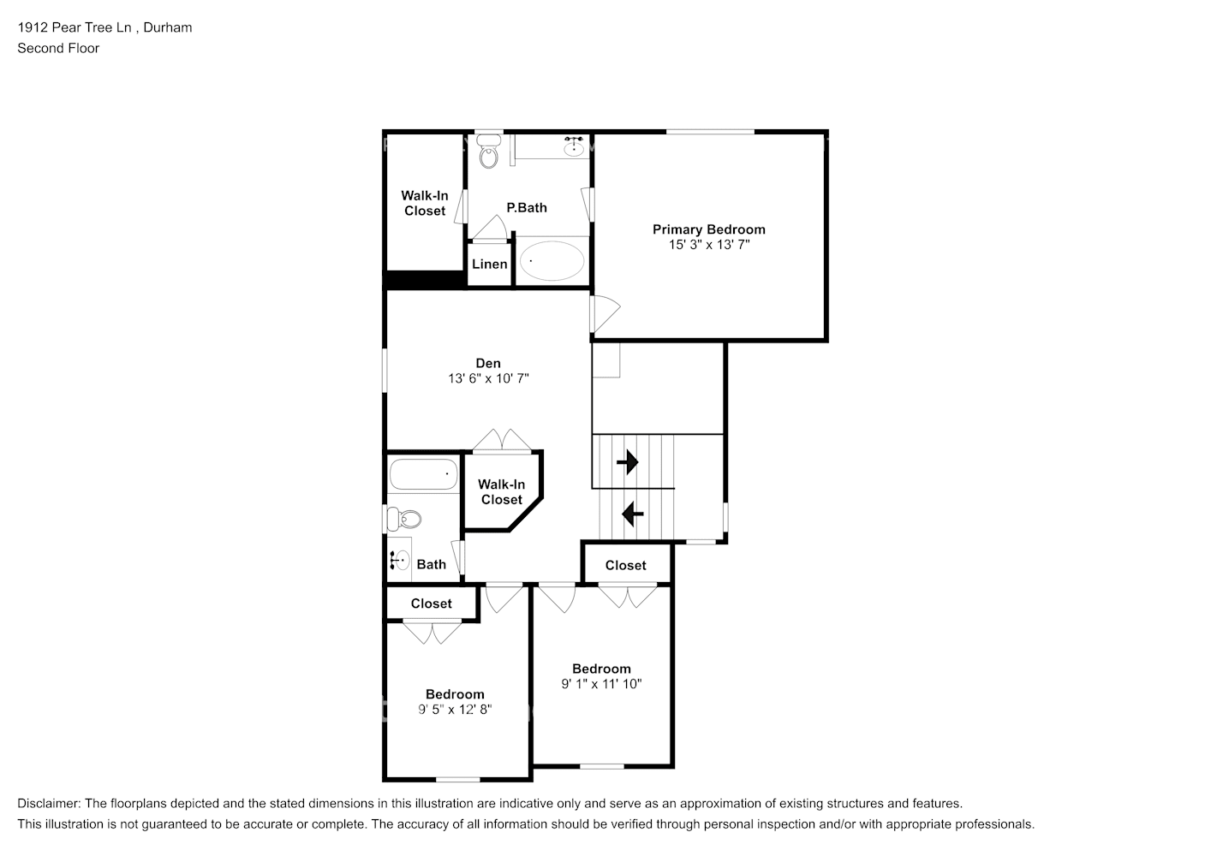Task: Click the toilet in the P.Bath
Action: click(x=488, y=152)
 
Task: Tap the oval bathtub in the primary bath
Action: click(x=552, y=261)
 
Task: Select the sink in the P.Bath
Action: click(x=574, y=146)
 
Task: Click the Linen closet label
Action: click(x=489, y=265)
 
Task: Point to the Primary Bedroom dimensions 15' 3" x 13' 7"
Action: click(x=709, y=245)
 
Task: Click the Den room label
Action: click(x=488, y=363)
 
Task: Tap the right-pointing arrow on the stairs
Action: click(x=627, y=462)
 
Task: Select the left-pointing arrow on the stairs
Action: click(x=633, y=514)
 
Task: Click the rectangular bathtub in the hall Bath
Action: click(x=423, y=474)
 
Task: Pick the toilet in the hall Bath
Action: click(x=404, y=520)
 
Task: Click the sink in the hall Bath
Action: click(x=400, y=560)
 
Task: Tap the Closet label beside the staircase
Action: click(x=625, y=565)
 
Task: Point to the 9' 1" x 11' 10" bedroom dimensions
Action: click(x=601, y=684)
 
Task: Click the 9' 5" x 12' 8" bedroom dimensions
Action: click(x=455, y=710)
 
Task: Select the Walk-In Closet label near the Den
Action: click(x=501, y=492)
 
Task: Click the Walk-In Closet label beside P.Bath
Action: click(x=425, y=203)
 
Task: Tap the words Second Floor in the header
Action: click(x=58, y=48)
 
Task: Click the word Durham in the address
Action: click(x=168, y=27)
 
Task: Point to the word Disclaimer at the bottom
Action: click(x=49, y=804)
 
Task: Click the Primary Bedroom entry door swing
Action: click(x=605, y=313)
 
